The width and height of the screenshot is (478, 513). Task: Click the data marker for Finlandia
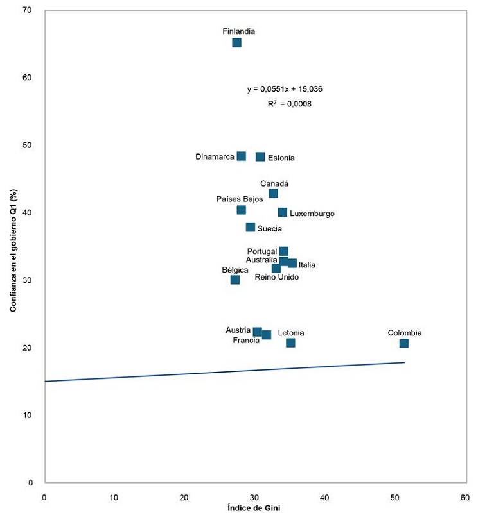[236, 43]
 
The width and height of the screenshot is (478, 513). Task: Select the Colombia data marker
[403, 344]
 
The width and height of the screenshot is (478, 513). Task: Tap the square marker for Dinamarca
[241, 156]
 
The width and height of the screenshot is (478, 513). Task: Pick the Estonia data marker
[260, 157]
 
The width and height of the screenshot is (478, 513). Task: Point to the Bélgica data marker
[235, 280]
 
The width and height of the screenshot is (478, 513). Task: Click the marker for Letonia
[290, 343]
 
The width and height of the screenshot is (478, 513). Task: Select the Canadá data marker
[273, 194]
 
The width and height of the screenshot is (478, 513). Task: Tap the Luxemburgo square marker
[282, 213]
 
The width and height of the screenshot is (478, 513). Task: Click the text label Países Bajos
[240, 199]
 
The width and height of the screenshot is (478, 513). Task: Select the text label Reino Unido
[277, 277]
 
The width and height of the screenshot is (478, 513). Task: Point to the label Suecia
[269, 228]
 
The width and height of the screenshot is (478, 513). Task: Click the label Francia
[246, 340]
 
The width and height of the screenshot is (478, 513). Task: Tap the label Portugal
[261, 251]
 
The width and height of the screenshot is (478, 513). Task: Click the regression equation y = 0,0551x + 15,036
[285, 89]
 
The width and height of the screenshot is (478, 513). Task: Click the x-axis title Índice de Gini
[254, 508]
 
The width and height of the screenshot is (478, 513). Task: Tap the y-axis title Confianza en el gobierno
[13, 247]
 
